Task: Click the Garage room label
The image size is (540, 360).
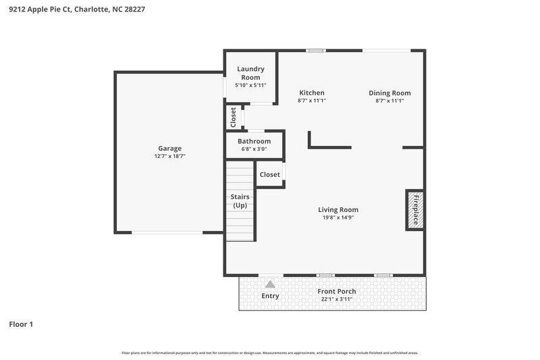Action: tap(169, 148)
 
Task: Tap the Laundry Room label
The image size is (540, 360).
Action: tap(250, 73)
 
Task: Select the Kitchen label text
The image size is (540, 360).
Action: tap(312, 93)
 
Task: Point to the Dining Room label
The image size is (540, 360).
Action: tap(389, 93)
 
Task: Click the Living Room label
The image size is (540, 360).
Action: tap(338, 209)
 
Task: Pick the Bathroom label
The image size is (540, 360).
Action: tap(254, 141)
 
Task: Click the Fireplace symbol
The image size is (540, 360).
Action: tap(414, 210)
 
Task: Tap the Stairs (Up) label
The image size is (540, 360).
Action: tap(240, 201)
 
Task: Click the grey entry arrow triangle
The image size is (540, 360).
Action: tap(270, 284)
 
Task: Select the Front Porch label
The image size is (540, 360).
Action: tap(337, 291)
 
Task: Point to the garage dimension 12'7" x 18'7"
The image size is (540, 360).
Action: tap(169, 156)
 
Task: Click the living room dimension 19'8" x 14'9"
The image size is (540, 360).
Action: tap(338, 217)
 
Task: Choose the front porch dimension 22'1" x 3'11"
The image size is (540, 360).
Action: tap(337, 299)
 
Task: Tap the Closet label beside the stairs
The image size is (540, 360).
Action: tap(269, 174)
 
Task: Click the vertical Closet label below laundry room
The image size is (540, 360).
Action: tap(233, 117)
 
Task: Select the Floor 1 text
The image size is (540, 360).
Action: tap(21, 324)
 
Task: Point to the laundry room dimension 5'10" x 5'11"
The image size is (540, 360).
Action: tap(250, 86)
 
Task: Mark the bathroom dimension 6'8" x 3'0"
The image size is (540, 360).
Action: tap(254, 149)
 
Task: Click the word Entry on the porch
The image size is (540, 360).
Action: tap(270, 296)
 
